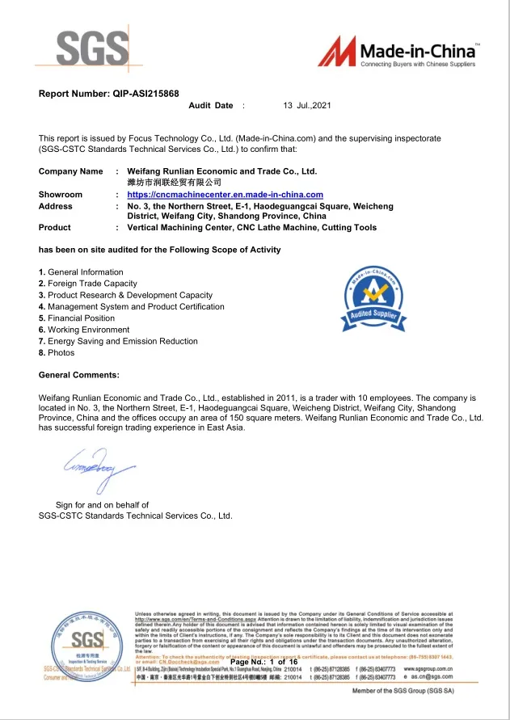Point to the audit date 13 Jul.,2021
coord(307,106)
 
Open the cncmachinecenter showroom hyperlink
coord(225,195)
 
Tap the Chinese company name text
coord(175,183)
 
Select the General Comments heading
coord(79,375)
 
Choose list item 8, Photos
coord(57,352)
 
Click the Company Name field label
coord(71,171)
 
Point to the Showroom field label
coord(61,195)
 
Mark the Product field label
coord(55,228)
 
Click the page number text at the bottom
coord(264,663)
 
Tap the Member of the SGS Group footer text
coord(426,693)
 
